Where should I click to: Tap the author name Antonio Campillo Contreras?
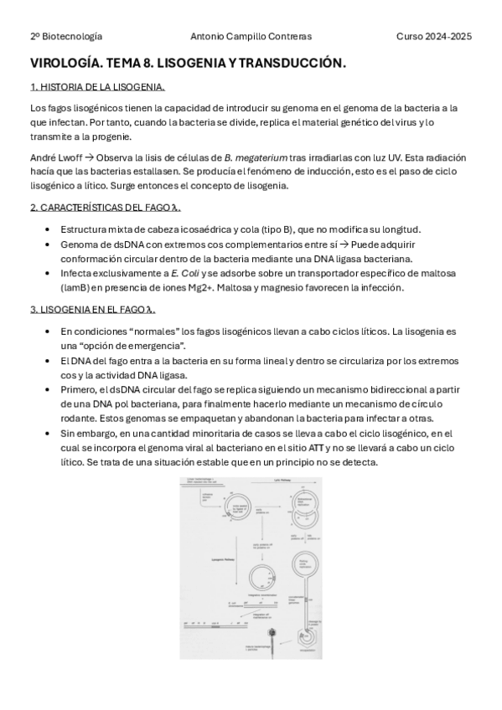tap(251, 36)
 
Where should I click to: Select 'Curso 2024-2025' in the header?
tap(434, 36)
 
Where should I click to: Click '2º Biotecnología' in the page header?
tap(66, 36)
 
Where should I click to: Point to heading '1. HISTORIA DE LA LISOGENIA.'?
tap(97, 87)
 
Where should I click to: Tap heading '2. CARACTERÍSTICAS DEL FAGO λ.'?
tap(106, 208)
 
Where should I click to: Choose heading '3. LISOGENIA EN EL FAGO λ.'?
tap(93, 309)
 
